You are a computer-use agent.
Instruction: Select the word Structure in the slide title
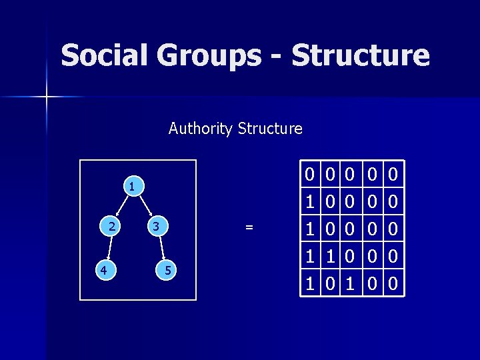click(360, 55)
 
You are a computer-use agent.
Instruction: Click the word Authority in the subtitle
click(199, 129)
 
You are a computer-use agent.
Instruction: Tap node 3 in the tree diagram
click(155, 227)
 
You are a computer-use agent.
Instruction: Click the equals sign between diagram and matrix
click(249, 227)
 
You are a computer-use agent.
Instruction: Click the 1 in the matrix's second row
click(309, 200)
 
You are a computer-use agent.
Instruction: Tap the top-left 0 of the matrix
click(309, 174)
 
